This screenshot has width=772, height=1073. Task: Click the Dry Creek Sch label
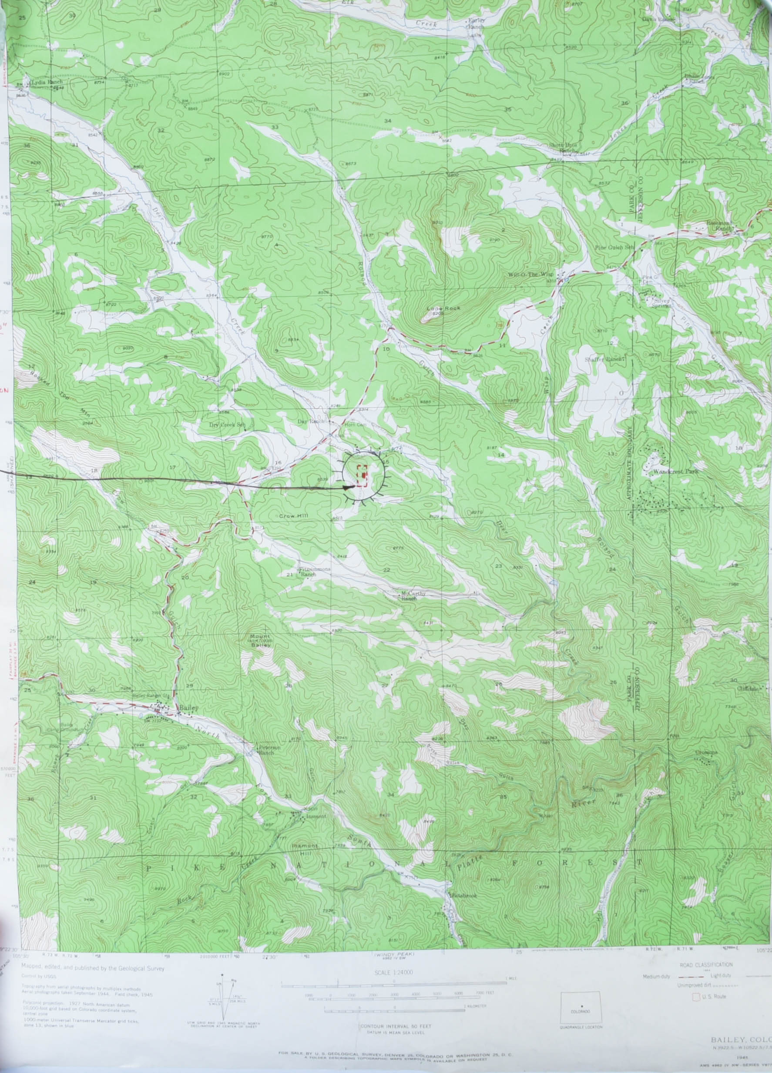(x=228, y=425)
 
